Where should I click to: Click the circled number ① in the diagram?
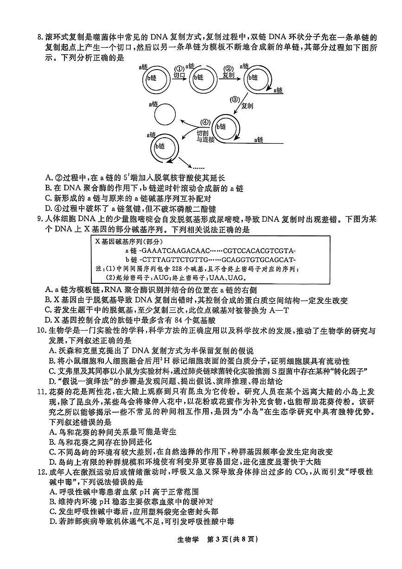[179, 68]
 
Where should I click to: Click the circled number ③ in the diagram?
[235, 99]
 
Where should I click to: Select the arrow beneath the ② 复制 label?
[229, 79]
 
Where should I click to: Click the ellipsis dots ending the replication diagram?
[198, 167]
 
